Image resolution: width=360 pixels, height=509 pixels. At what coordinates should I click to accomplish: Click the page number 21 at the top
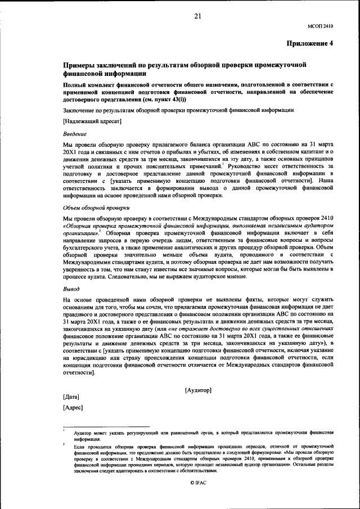197,16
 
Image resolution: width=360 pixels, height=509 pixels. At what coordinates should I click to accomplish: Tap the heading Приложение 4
310,43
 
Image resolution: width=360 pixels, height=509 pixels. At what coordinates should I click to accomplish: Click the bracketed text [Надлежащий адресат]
92,121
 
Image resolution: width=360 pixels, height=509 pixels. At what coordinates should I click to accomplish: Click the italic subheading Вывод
71,289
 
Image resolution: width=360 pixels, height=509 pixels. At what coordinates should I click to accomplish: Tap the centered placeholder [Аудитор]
197,390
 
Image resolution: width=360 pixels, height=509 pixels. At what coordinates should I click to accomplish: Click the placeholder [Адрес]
73,407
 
